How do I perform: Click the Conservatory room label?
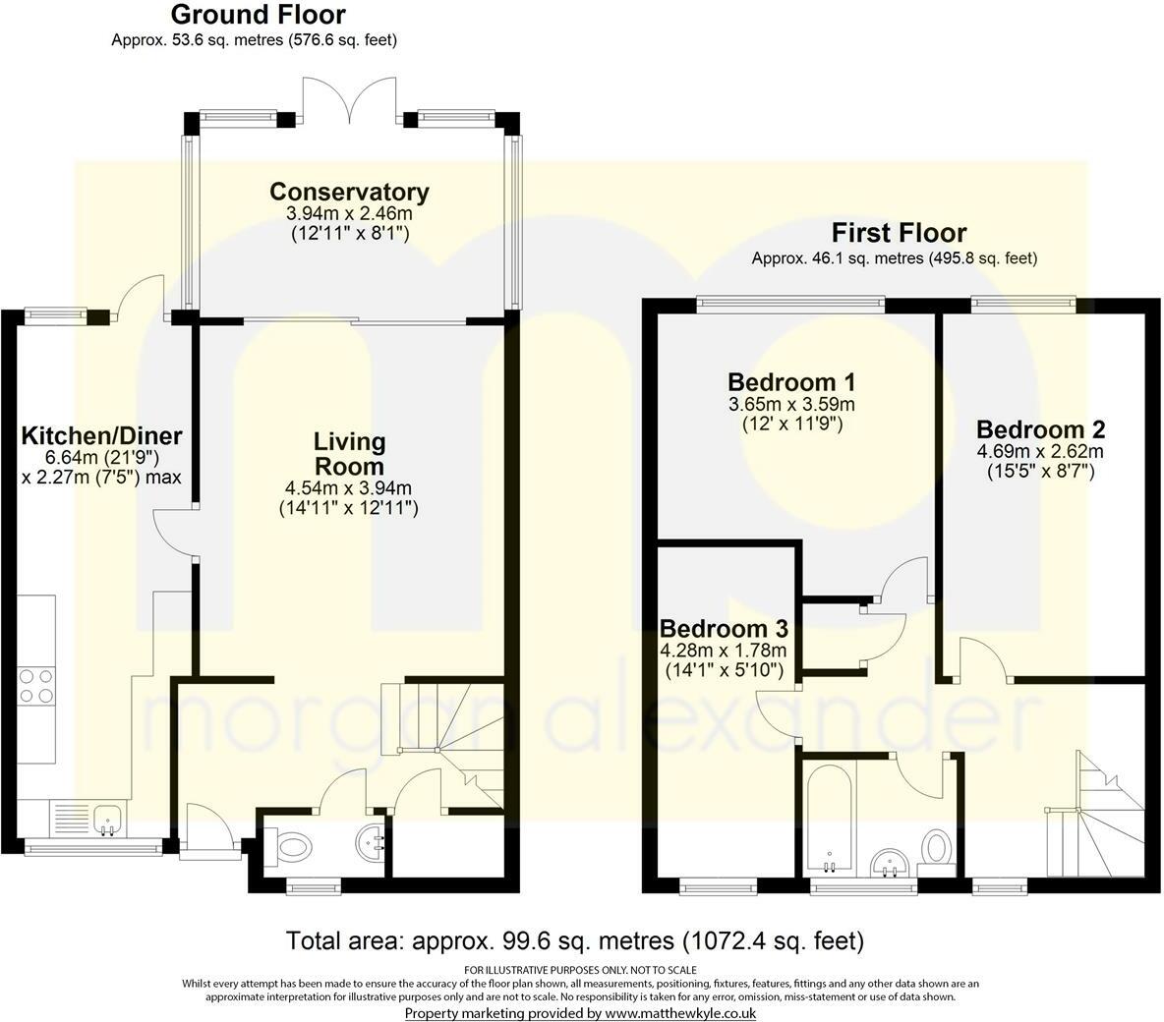[349, 192]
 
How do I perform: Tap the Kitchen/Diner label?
[101, 435]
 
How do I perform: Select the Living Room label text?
[349, 453]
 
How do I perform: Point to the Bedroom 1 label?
[791, 382]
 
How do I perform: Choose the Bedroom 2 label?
[1041, 429]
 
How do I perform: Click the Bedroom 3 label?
[724, 629]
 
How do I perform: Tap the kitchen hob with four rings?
[36, 686]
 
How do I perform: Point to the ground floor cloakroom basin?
[371, 841]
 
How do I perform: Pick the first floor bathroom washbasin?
[890, 863]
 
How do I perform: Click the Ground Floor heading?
[259, 14]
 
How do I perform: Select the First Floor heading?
[899, 233]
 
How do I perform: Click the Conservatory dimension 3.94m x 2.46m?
[349, 214]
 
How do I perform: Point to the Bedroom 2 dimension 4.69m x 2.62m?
[1041, 451]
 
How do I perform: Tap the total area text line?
[575, 941]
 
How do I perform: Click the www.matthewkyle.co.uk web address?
[680, 1013]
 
